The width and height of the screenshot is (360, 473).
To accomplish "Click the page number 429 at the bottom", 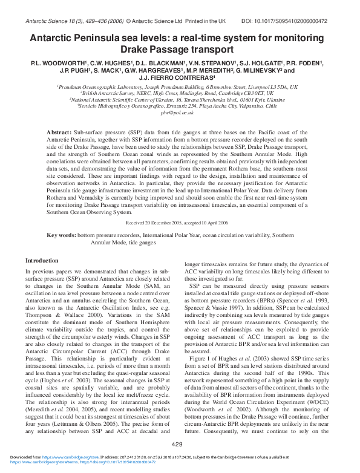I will (x=177, y=445).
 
